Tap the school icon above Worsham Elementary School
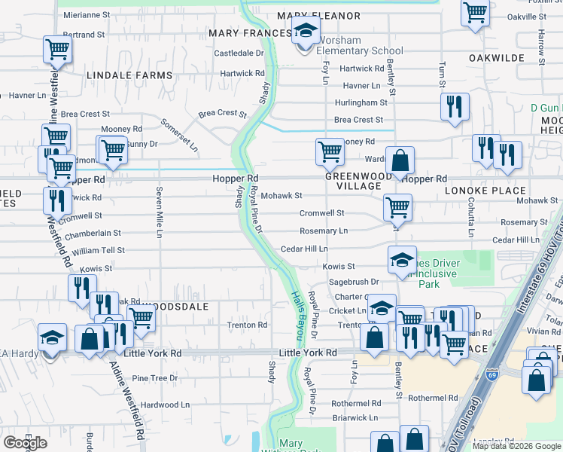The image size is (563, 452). coord(305,32)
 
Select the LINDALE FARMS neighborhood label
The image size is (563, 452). coord(129,76)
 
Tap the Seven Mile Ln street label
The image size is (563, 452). coord(159,212)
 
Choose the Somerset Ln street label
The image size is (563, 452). coord(183,133)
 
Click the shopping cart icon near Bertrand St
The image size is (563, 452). coord(57,50)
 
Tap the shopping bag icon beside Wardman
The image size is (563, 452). coord(400,160)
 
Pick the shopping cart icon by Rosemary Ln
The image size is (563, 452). coord(397,206)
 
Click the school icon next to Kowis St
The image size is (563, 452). coord(402,260)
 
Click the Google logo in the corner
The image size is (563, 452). coord(25,443)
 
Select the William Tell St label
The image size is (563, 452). coord(99,250)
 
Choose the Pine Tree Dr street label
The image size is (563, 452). coord(154,378)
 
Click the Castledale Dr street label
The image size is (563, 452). coord(239,53)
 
